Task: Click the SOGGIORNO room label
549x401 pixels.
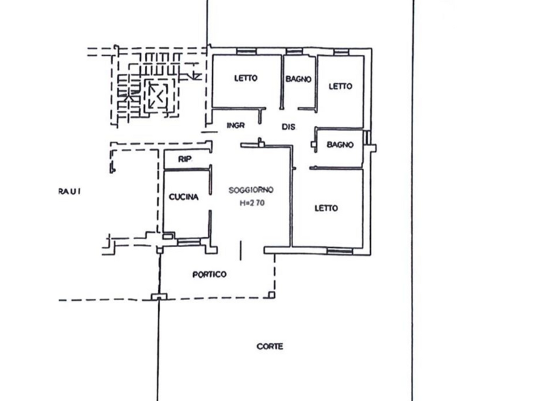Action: (x=250, y=190)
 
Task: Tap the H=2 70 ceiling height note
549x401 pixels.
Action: (x=251, y=203)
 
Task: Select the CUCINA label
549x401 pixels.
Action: (x=184, y=198)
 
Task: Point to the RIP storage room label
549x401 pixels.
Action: (x=184, y=159)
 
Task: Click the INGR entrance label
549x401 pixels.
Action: (x=236, y=126)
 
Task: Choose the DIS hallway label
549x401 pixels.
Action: (x=288, y=127)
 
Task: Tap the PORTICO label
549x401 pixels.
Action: (x=209, y=274)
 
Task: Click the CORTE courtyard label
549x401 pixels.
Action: (x=269, y=347)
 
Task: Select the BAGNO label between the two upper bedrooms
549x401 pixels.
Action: (x=298, y=79)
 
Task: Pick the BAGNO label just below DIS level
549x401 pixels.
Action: (x=340, y=145)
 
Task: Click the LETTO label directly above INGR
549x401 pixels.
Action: (x=245, y=79)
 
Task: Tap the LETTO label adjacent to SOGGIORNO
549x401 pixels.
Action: (x=326, y=208)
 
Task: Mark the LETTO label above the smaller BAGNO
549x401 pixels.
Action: (x=340, y=86)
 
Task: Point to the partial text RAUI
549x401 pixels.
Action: (x=71, y=191)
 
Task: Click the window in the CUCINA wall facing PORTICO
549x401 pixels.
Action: (x=187, y=242)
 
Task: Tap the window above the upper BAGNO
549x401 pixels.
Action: (x=294, y=52)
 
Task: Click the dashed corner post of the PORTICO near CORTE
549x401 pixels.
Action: (x=272, y=293)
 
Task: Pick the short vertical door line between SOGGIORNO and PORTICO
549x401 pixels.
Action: (x=240, y=251)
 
